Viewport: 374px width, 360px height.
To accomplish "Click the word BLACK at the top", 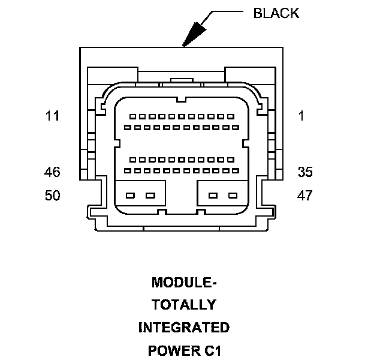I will (276, 13).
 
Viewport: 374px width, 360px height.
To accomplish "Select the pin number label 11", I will (53, 116).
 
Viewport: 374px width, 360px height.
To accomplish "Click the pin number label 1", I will (301, 116).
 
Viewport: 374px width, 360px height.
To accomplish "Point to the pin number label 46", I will (53, 172).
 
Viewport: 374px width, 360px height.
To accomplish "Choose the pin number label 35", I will (305, 172).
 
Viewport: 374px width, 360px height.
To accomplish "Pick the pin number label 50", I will (53, 196).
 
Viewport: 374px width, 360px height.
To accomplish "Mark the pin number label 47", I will (305, 196).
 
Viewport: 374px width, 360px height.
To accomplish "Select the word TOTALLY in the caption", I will (183, 305).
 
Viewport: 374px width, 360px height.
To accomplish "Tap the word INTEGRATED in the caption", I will (183, 328).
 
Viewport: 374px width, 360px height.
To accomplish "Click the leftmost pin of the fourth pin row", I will (128, 172).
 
